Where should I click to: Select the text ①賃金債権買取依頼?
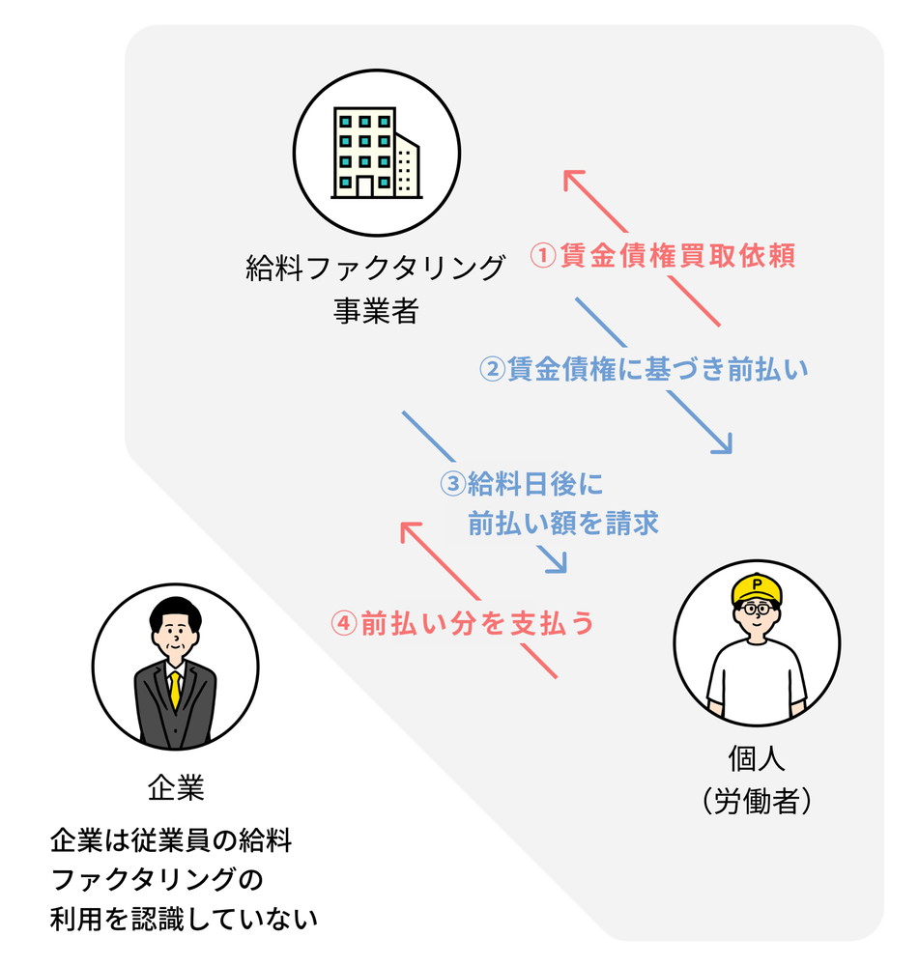668,256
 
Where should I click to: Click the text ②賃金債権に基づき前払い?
644,369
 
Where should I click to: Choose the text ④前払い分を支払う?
462,624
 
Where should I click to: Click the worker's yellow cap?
759,586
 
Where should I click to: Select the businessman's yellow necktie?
175,689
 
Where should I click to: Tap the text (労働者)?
756,801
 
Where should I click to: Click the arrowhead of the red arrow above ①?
576,181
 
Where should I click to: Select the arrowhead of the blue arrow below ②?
721,444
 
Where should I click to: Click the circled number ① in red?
544,256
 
